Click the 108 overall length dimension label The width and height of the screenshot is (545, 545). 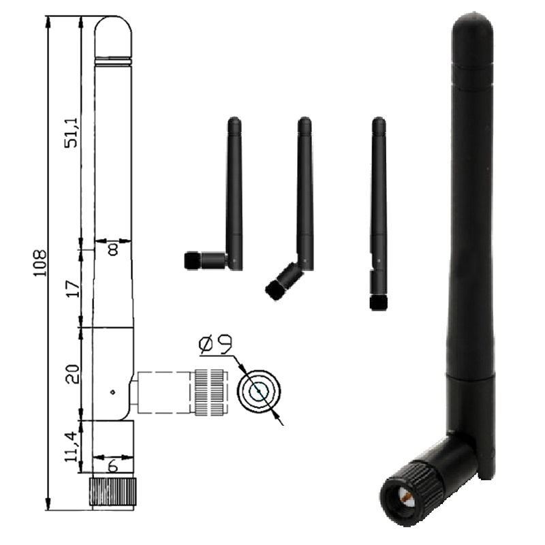(x=40, y=263)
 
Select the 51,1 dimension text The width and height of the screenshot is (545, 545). (x=72, y=133)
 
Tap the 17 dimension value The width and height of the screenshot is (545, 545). (x=73, y=289)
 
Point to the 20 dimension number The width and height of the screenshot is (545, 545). (x=73, y=374)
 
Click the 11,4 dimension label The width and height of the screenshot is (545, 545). (x=71, y=447)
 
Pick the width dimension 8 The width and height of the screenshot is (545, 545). (x=113, y=249)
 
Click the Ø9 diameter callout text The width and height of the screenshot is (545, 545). (x=215, y=345)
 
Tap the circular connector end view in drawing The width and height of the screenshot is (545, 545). (x=259, y=391)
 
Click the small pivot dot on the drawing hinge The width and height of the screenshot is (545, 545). (x=112, y=392)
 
